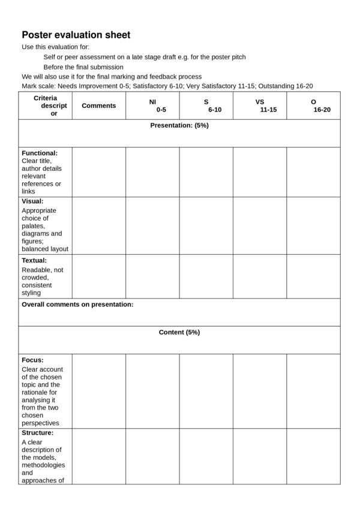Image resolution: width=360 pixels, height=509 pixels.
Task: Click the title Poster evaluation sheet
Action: [x=76, y=35]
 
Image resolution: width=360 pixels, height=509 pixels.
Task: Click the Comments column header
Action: [x=98, y=106]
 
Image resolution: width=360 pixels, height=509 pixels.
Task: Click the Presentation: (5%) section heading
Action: [x=179, y=125]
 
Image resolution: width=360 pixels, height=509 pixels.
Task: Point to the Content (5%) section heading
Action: [x=179, y=332]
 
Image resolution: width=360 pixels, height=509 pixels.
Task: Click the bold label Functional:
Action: [x=40, y=153]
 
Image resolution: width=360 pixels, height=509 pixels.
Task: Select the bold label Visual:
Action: [x=32, y=201]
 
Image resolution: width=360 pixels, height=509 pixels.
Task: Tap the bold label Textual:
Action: [x=34, y=261]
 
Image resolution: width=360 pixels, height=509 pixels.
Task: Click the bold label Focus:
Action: [x=32, y=360]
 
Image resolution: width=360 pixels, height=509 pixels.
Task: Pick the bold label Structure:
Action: [x=38, y=433]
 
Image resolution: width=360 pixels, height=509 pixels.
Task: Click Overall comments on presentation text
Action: [x=77, y=305]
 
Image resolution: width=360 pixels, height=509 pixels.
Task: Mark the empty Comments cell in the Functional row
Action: [x=98, y=172]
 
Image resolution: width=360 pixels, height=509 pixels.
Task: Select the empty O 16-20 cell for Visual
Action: [x=313, y=225]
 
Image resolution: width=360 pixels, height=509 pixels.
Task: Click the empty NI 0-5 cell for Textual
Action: [x=152, y=276]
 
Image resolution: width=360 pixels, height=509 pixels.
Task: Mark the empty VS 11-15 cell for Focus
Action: [x=259, y=391]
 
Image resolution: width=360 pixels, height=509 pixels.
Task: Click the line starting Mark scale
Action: [x=167, y=86]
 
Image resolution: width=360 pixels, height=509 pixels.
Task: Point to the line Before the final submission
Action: [x=83, y=67]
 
